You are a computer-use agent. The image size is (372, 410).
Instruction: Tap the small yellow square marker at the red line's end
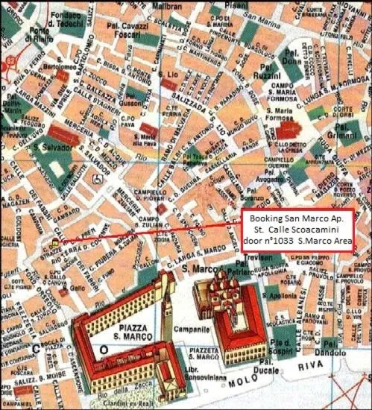pos(55,243)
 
